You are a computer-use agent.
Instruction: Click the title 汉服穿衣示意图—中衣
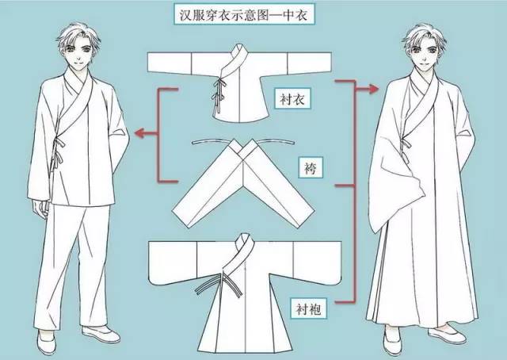(x=243, y=14)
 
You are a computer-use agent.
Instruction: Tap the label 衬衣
(x=292, y=98)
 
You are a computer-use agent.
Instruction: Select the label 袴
(x=310, y=167)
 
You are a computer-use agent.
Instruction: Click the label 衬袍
(x=308, y=308)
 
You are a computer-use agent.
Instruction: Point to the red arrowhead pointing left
(x=139, y=132)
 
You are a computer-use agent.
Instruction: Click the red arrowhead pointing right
(x=374, y=88)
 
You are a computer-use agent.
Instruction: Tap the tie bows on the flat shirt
(x=217, y=94)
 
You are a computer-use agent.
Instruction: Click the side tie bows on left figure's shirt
(x=58, y=152)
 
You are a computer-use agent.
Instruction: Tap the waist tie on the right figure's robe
(x=405, y=147)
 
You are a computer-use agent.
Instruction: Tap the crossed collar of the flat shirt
(x=235, y=63)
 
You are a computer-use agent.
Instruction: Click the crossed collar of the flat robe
(x=239, y=254)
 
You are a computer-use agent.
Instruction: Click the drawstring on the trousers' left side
(x=211, y=141)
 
